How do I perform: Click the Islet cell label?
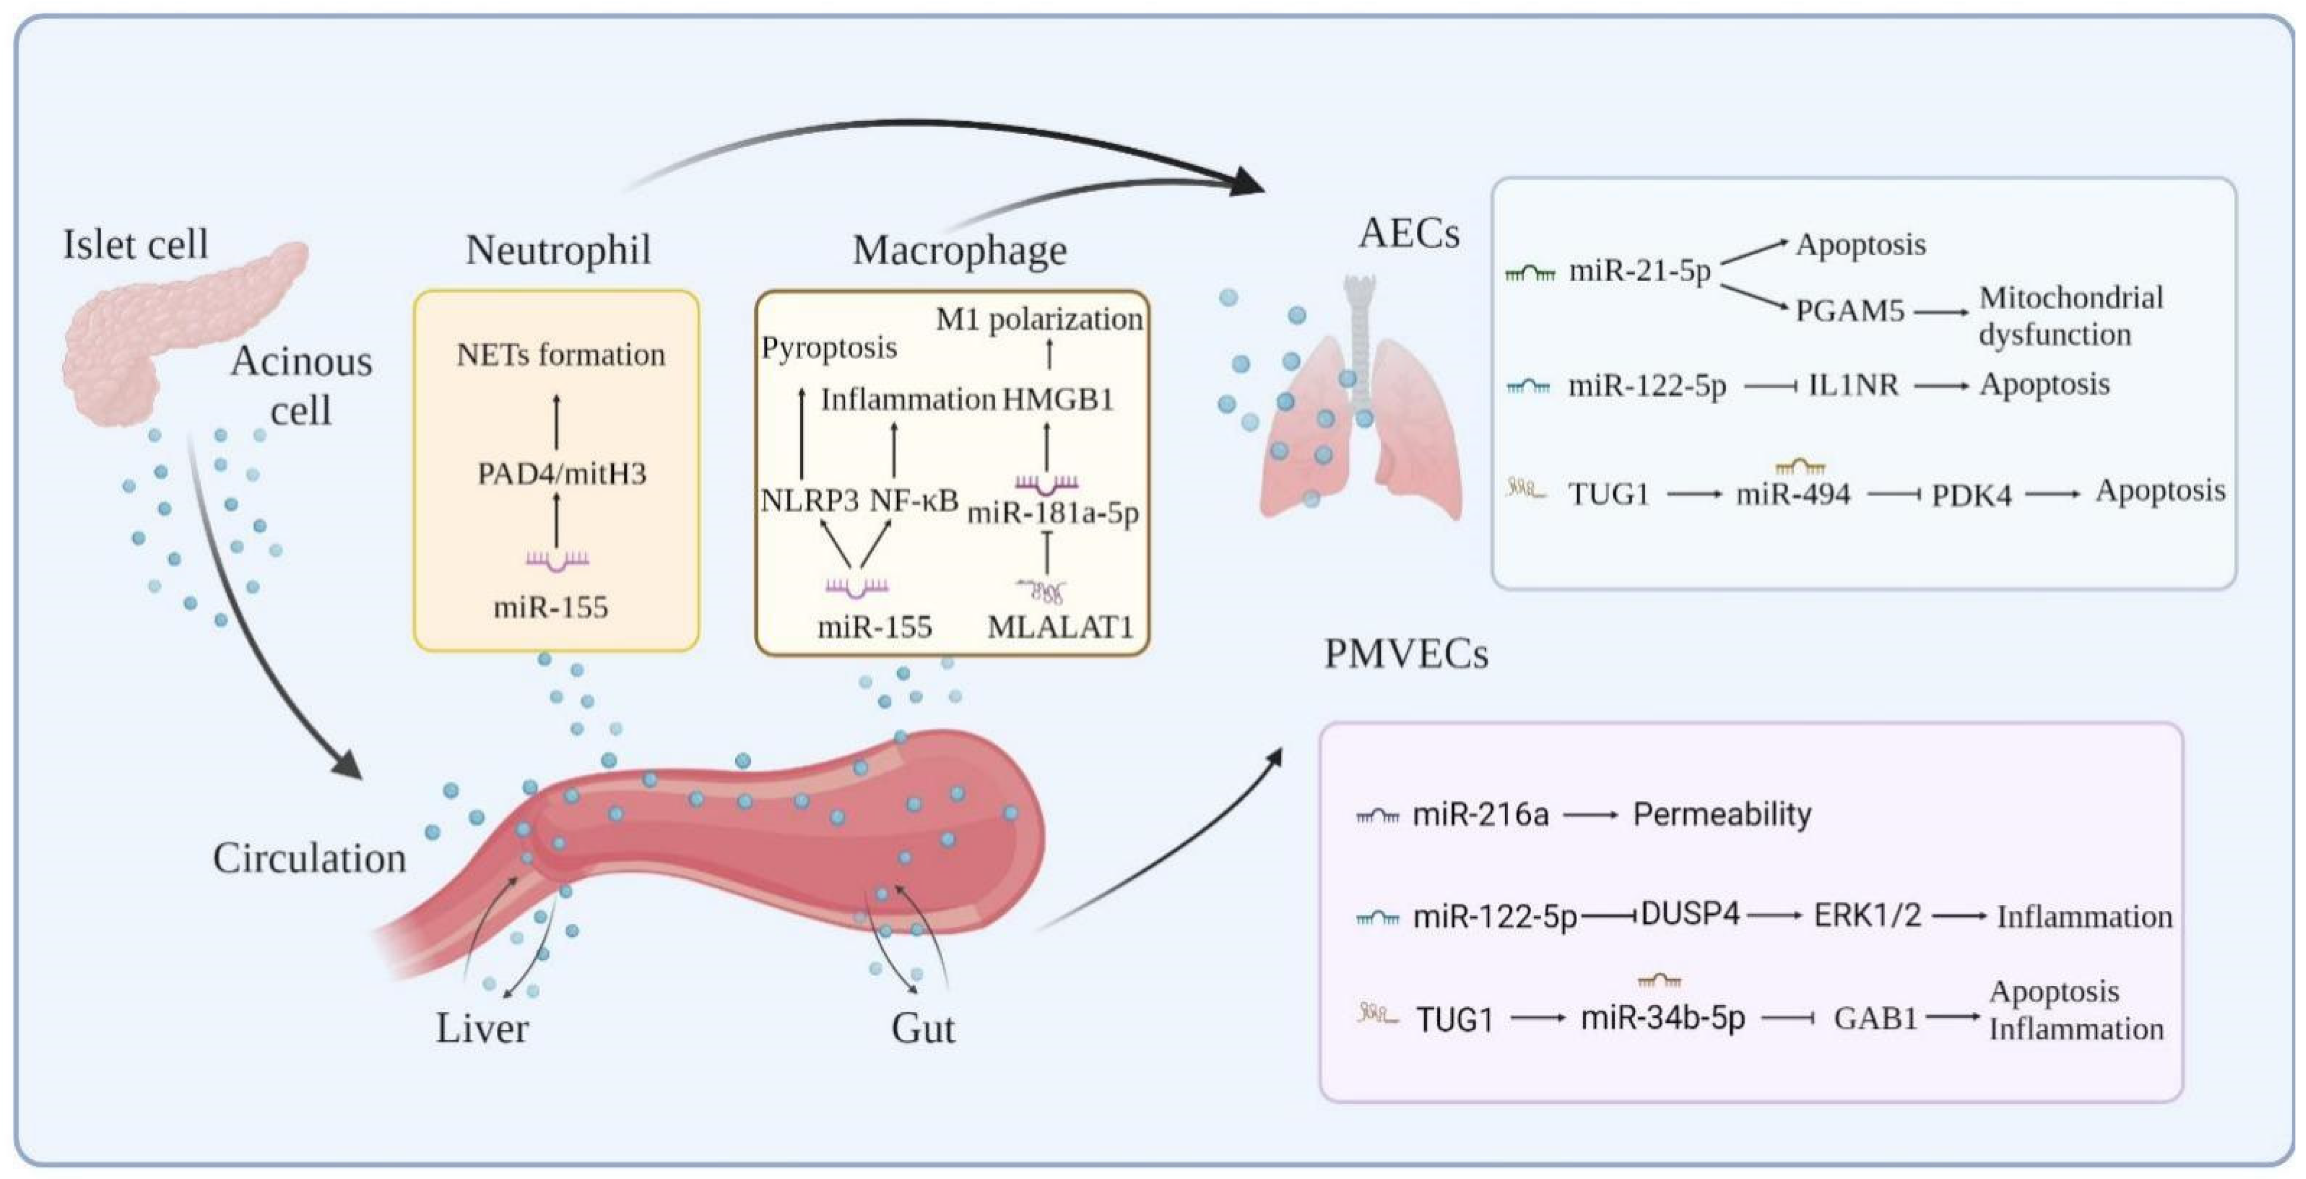pyautogui.click(x=135, y=244)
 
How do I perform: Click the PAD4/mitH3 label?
pyautogui.click(x=562, y=472)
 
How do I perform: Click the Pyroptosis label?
pyautogui.click(x=829, y=347)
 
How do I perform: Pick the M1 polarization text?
pyautogui.click(x=1039, y=319)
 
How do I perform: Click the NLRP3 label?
pyautogui.click(x=809, y=499)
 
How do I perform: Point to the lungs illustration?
pyautogui.click(x=1361, y=403)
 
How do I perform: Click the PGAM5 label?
pyautogui.click(x=1849, y=311)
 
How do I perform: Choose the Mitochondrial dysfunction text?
pyautogui.click(x=2070, y=316)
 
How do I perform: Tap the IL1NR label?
pyautogui.click(x=1853, y=385)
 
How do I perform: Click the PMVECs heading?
pyautogui.click(x=1406, y=655)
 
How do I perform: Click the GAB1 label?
pyautogui.click(x=1875, y=1018)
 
